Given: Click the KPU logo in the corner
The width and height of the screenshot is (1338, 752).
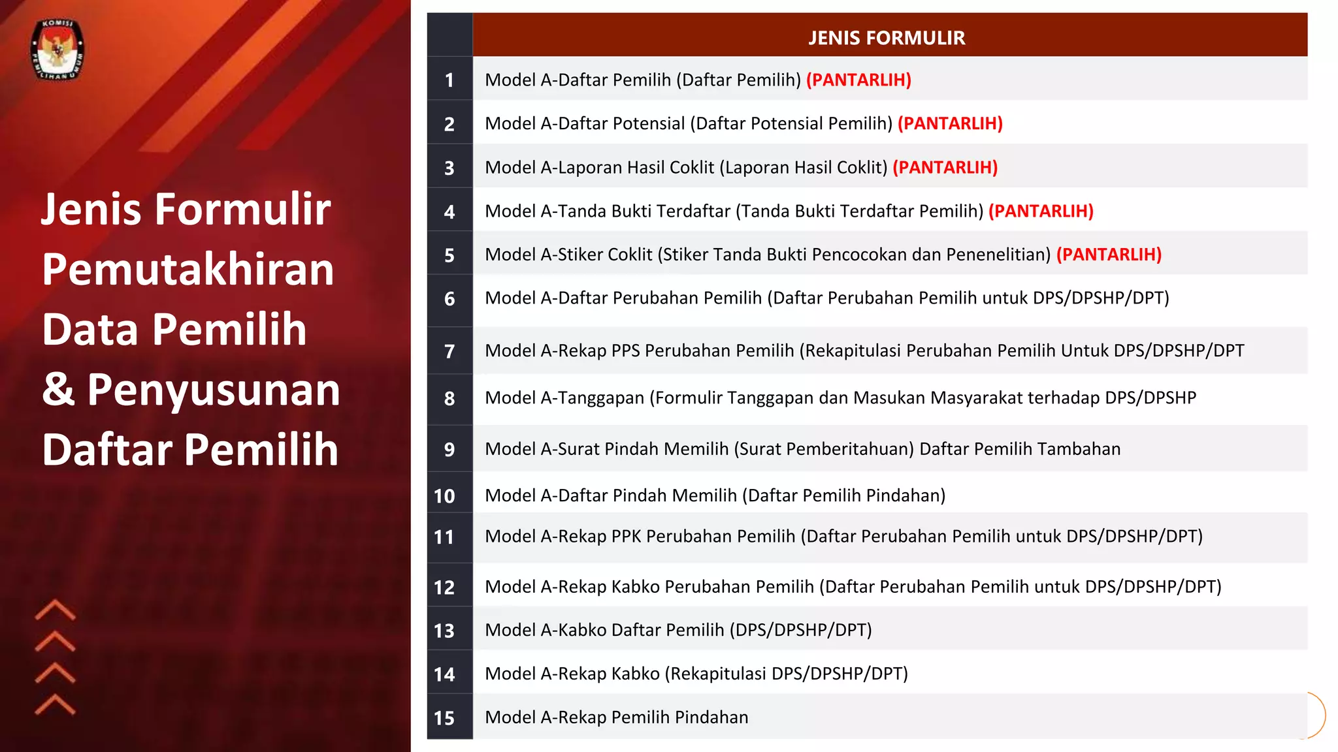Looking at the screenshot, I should point(57,50).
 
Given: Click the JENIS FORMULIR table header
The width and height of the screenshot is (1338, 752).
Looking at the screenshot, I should point(886,38).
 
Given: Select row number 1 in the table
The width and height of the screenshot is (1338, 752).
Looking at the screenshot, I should point(449,80).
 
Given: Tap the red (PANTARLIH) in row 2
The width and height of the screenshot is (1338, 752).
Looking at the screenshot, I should point(950,123).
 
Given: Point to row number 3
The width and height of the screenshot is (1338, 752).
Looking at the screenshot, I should point(449,168).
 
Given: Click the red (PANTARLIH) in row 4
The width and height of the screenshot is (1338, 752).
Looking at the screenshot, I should point(1041,211).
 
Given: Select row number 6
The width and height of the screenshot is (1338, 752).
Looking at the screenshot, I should point(449,298).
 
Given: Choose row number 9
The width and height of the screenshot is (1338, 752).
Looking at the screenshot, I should point(449,449).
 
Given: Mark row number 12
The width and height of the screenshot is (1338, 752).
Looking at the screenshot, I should point(444,587).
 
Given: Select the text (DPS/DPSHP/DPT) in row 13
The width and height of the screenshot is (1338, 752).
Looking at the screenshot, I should point(800,630).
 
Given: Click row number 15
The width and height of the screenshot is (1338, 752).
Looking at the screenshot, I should point(444,717).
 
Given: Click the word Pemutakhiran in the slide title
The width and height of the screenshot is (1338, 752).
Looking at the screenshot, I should point(188,269).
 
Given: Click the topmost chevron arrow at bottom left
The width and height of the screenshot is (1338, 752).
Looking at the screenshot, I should point(56,610).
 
